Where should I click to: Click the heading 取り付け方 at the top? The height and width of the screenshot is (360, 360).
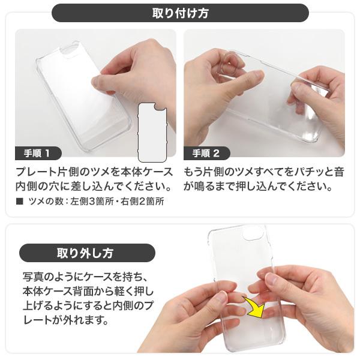pyautogui.click(x=180, y=13)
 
